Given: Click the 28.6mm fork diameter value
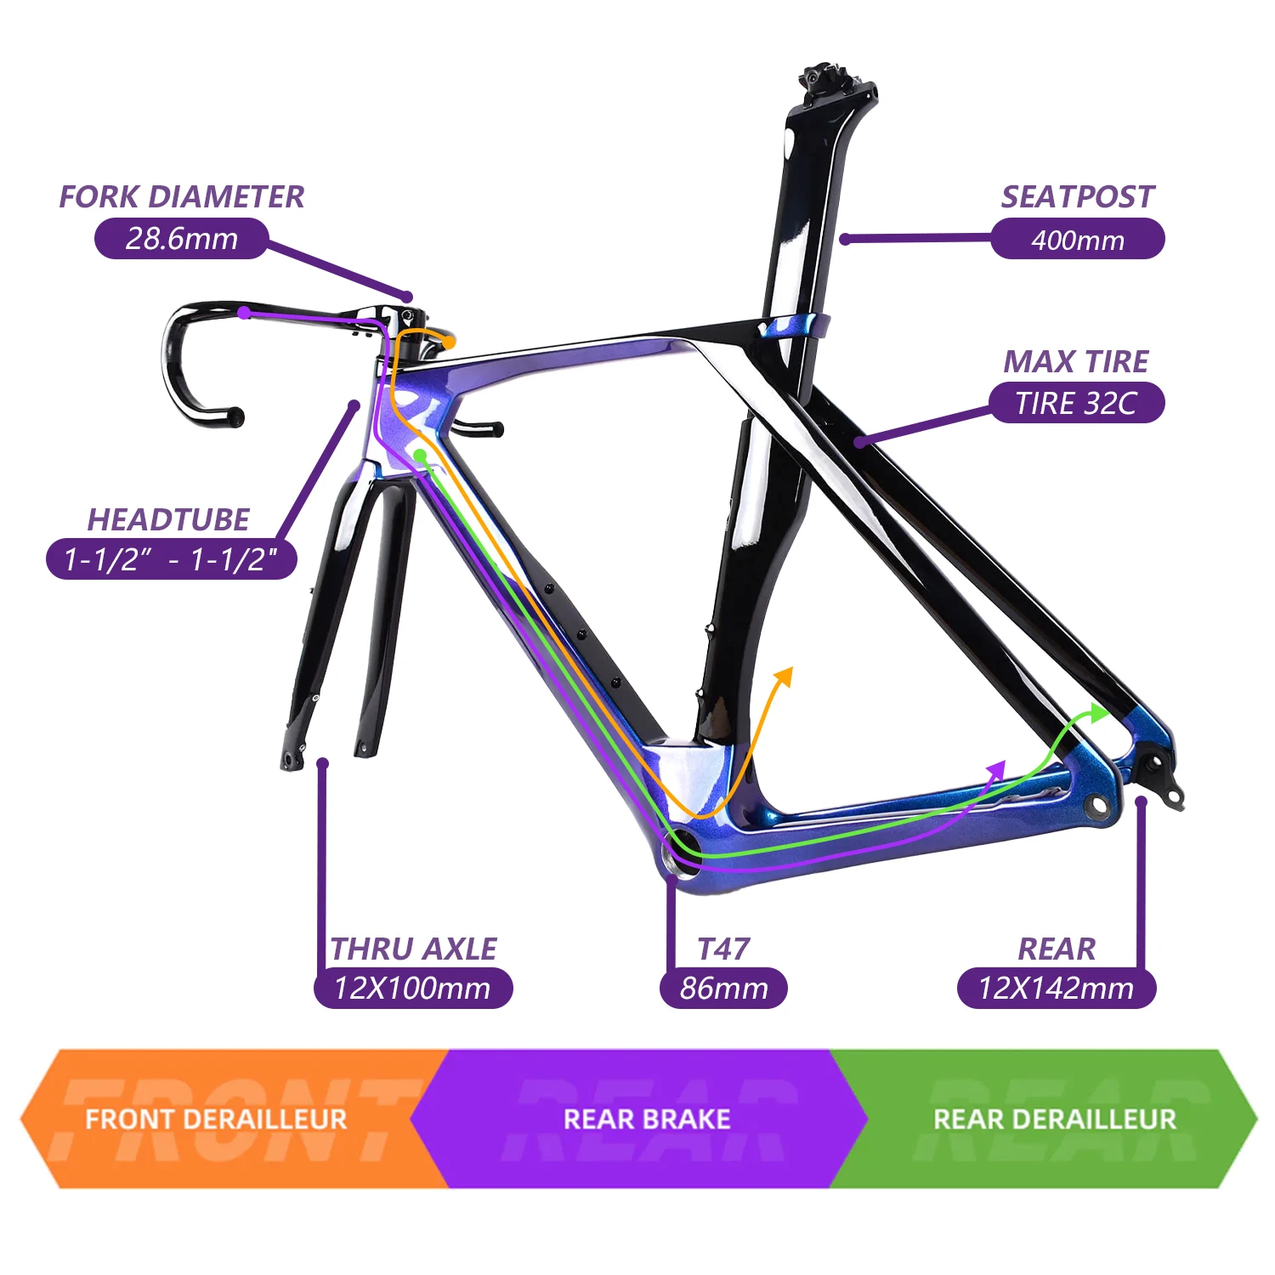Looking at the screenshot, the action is [181, 238].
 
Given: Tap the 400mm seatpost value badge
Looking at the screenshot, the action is [1077, 239].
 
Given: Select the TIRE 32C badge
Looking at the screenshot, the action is [1075, 403].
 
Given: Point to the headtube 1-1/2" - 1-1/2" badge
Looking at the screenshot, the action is [172, 559].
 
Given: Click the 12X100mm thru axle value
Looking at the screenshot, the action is [413, 989].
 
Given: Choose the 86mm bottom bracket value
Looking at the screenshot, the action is [723, 989].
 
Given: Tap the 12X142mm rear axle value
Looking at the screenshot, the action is [1057, 989].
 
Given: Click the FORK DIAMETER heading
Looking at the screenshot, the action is [181, 196].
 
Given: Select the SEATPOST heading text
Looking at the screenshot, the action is [1077, 196].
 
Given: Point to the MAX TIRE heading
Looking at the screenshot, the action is [1075, 361].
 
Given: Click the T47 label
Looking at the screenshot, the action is [723, 949].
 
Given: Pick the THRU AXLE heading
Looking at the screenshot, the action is [413, 949].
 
